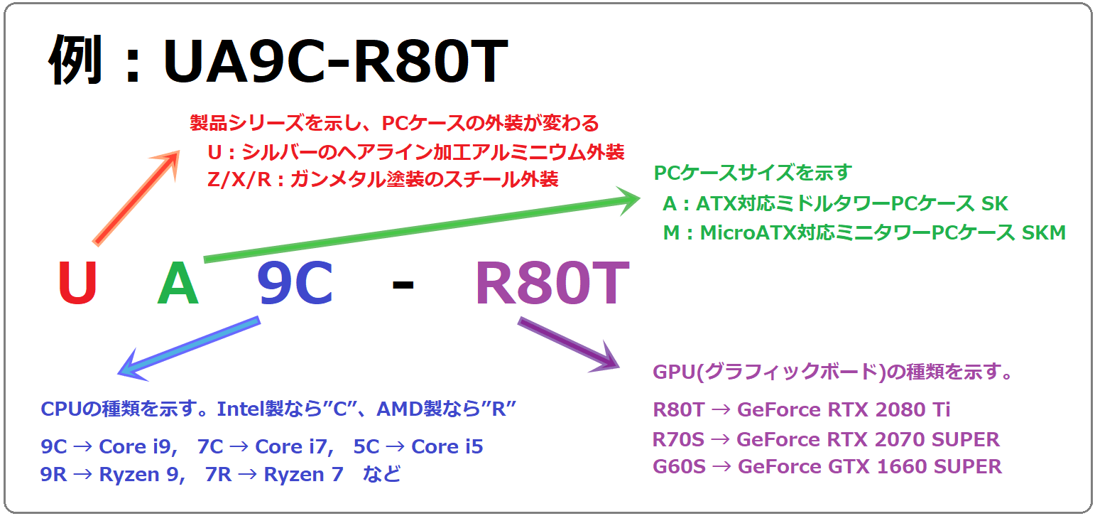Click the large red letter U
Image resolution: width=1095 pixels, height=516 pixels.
(77, 282)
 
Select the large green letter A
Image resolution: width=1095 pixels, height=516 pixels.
(178, 282)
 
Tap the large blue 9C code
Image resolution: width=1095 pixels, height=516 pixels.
(295, 282)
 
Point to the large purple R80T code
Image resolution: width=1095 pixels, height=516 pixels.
(552, 282)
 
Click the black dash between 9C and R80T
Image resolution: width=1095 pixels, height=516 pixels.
(403, 285)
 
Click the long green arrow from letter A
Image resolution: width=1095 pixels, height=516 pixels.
(422, 225)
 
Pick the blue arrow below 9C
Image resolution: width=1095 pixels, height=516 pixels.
(189, 348)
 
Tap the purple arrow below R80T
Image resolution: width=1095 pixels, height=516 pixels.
(569, 345)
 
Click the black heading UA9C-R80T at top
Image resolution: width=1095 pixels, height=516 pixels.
(335, 62)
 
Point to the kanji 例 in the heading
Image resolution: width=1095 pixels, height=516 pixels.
(75, 60)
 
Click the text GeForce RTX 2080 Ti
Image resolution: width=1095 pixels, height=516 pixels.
(844, 410)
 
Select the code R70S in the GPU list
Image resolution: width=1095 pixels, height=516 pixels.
(678, 440)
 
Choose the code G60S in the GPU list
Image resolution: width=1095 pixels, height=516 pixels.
(679, 466)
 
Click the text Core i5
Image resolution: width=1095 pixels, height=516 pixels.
(447, 446)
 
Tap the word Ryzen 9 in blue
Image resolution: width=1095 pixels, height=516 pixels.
(142, 475)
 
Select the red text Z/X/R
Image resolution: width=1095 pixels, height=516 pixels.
(239, 180)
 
